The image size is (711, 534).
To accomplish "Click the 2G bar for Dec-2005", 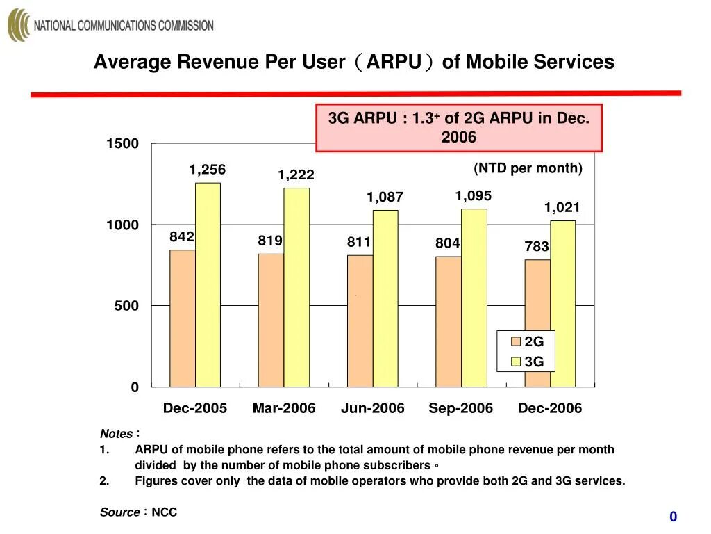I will point(183,318).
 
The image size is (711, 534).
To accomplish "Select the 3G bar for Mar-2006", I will point(296,286).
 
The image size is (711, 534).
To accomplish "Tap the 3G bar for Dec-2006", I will point(563,303).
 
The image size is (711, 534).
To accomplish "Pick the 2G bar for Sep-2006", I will point(449,321).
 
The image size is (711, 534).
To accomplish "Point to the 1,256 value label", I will point(208,170).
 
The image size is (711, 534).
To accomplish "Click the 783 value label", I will point(537,247).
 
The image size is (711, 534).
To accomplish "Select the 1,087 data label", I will point(385,198).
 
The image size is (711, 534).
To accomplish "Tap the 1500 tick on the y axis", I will point(122,144).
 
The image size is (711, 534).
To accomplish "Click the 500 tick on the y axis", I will point(126,306).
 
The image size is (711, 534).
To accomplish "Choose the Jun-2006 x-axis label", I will point(372,409).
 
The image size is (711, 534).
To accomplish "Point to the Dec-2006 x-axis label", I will point(549,409).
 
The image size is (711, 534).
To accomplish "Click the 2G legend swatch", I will point(516,341).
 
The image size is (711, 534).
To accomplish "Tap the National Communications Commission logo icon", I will point(19,26).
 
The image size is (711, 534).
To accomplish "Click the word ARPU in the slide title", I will point(394,63).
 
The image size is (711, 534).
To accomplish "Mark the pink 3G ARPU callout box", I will point(458,128).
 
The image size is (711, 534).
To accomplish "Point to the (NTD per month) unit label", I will point(528,168).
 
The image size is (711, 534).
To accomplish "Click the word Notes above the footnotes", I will point(116,434).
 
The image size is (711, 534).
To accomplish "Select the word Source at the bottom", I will point(119,512).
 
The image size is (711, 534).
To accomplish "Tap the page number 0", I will point(673,517).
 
